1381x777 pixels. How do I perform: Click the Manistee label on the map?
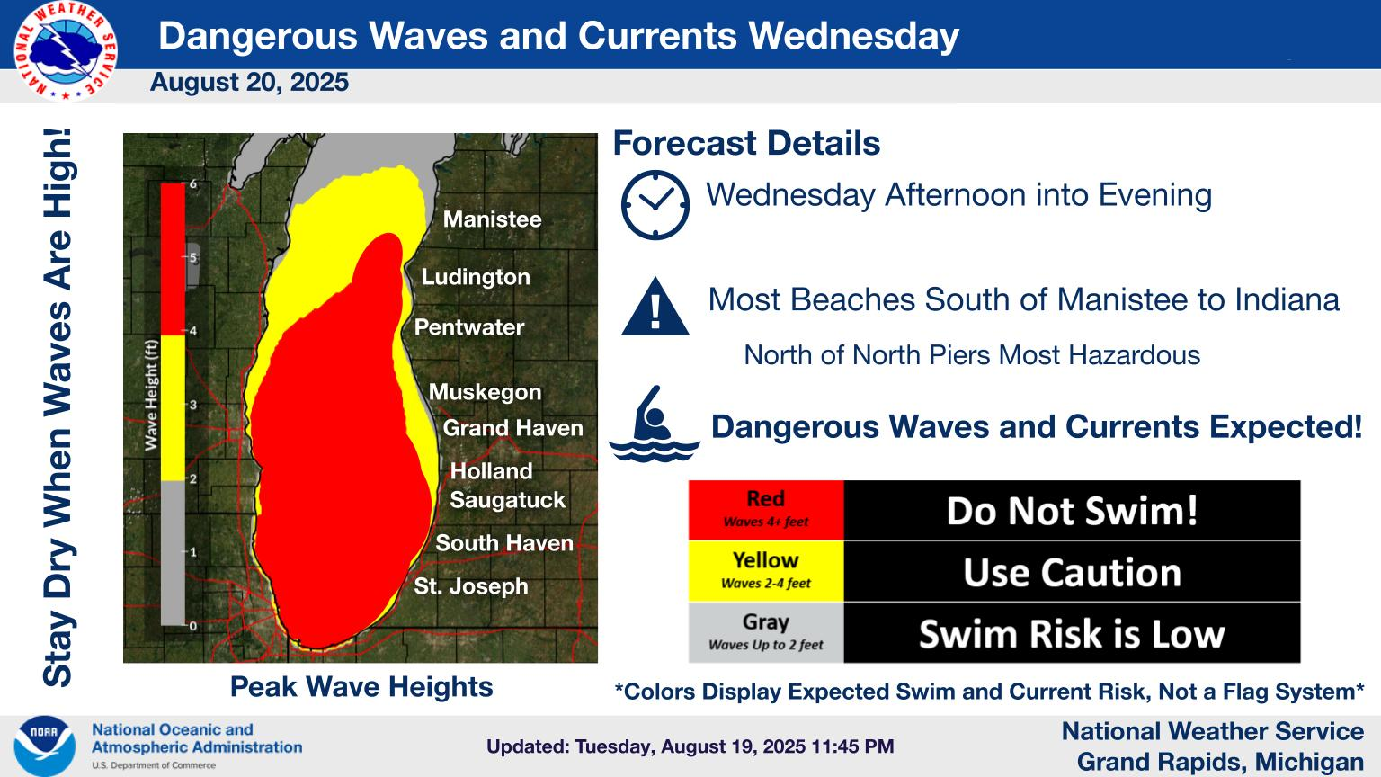point(492,219)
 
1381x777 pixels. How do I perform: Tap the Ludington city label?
point(476,278)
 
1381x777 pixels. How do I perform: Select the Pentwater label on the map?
point(469,327)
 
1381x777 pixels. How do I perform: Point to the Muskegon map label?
point(485,393)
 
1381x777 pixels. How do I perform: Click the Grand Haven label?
point(513,428)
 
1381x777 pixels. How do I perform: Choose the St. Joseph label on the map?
point(471,586)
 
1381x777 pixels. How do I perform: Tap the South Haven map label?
point(504,543)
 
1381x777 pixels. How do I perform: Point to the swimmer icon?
point(654,424)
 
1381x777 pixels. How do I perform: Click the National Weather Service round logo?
point(66,51)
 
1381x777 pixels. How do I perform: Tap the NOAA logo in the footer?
point(44,746)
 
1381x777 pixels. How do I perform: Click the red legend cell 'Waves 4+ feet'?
point(766,510)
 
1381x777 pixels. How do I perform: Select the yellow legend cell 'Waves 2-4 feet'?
point(766,572)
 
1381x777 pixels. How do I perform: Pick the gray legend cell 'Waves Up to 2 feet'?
point(766,633)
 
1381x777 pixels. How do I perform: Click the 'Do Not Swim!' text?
point(1072,511)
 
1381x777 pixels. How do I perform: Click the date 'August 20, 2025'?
point(249,82)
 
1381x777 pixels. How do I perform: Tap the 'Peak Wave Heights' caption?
point(361,687)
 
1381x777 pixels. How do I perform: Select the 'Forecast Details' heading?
point(746,143)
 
